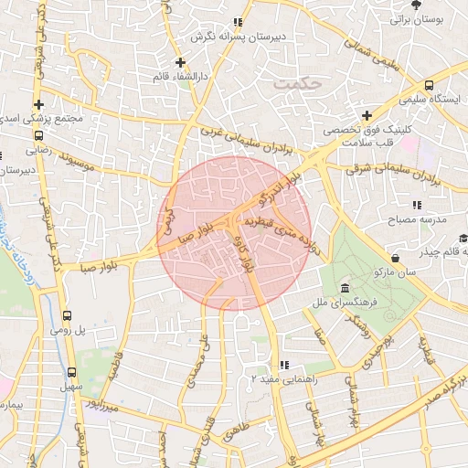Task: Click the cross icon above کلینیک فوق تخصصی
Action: (x=367, y=115)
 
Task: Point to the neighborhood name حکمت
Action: (x=297, y=83)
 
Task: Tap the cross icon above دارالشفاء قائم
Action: (x=181, y=63)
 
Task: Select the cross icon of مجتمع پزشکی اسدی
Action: (x=38, y=105)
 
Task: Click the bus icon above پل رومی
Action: (x=66, y=315)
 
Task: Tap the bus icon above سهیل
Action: (x=72, y=373)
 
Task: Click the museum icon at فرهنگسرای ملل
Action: (x=344, y=287)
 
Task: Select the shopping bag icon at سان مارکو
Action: (x=395, y=259)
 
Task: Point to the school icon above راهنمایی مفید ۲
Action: (x=284, y=364)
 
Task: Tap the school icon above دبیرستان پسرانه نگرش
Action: (x=239, y=22)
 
